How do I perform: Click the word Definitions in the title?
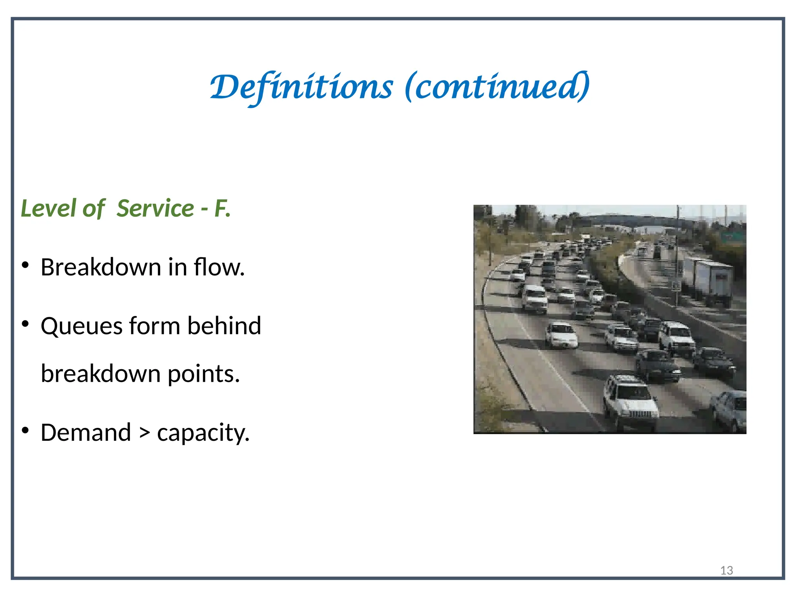[301, 87]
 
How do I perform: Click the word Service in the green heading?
[155, 208]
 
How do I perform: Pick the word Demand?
[86, 433]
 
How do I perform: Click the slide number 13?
[726, 570]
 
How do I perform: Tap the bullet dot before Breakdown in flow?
[26, 266]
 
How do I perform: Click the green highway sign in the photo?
[733, 236]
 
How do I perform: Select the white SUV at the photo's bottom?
[630, 402]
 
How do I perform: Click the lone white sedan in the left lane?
[561, 335]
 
